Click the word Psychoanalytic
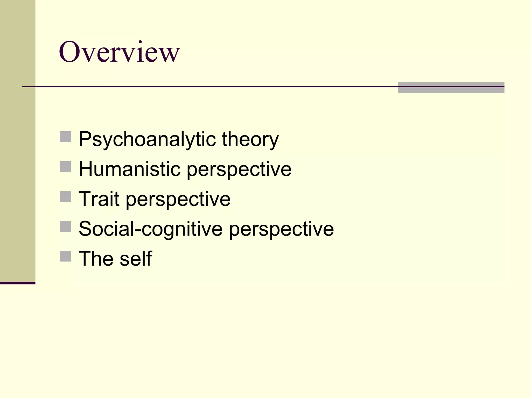[147, 139]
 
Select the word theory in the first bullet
[250, 139]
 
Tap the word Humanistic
[129, 169]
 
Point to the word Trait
[99, 199]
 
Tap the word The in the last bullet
[96, 259]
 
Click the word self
[136, 259]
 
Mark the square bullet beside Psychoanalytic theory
[65, 137]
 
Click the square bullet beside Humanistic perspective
[65, 167]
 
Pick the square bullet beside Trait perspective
[65, 196]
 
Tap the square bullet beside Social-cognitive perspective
[65, 226]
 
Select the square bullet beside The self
[65, 256]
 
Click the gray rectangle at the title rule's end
[451, 88]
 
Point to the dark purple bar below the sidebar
[18, 283]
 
